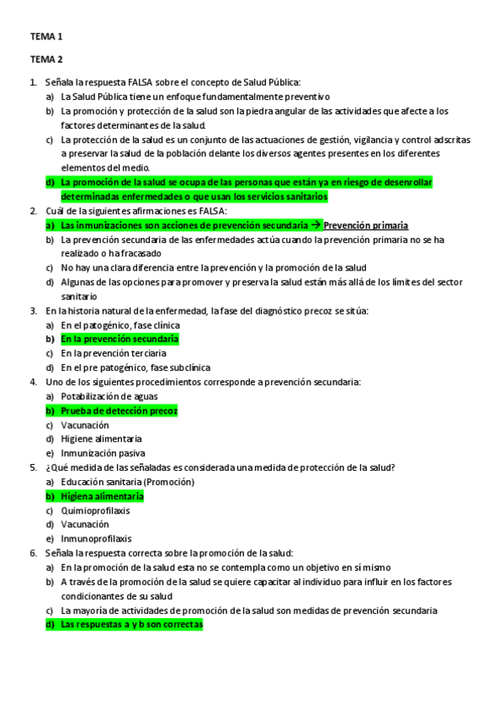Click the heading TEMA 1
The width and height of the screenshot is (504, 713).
pos(46,37)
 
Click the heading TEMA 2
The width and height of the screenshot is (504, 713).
pos(46,59)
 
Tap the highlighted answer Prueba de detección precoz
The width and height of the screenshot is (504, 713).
pos(119,410)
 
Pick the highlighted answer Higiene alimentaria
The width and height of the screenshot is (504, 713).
pos(102,496)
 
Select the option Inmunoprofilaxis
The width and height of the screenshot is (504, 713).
pos(96,539)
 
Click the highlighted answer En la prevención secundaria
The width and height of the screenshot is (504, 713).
pos(119,339)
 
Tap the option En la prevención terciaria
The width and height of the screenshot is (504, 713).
pos(113,353)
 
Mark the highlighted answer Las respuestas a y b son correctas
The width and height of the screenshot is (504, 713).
pos(131,625)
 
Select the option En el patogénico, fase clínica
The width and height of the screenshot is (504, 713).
pos(120,325)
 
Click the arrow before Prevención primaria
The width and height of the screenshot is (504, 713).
pos(316,225)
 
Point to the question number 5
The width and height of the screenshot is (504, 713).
pos(33,467)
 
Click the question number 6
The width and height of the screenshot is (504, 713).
pos(33,553)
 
